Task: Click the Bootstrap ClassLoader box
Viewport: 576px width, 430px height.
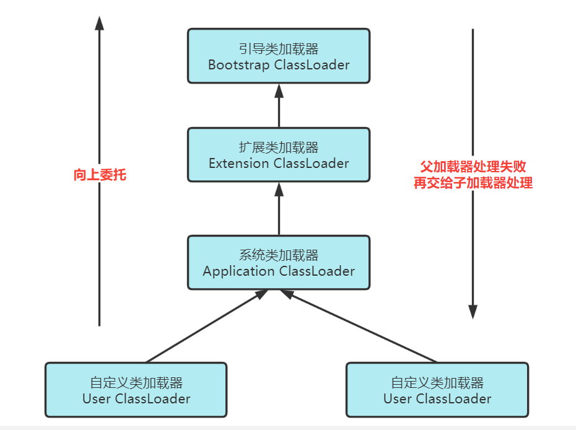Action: point(279,56)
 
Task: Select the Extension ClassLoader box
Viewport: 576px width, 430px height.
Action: point(279,155)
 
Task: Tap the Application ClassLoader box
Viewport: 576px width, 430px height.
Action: point(279,263)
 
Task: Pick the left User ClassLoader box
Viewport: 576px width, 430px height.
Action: point(136,390)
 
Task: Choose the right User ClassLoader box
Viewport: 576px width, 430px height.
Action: point(437,390)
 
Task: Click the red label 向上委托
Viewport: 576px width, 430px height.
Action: point(100,175)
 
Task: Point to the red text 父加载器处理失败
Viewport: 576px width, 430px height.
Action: point(473,167)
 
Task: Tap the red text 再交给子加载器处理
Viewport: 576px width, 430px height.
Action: point(473,183)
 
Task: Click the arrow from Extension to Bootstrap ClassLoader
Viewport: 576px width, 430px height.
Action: point(279,106)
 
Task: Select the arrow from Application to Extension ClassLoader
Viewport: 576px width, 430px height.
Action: point(279,209)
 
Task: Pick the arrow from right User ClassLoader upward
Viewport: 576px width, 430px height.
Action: point(359,326)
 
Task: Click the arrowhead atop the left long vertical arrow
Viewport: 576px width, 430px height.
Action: point(99,23)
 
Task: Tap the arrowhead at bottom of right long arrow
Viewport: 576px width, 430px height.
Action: point(473,312)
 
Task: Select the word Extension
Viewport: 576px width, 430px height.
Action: point(239,163)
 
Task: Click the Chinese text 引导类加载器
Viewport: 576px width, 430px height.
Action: point(279,48)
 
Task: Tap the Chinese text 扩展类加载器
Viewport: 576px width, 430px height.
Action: point(279,147)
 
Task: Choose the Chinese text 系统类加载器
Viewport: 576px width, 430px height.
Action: point(279,255)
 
